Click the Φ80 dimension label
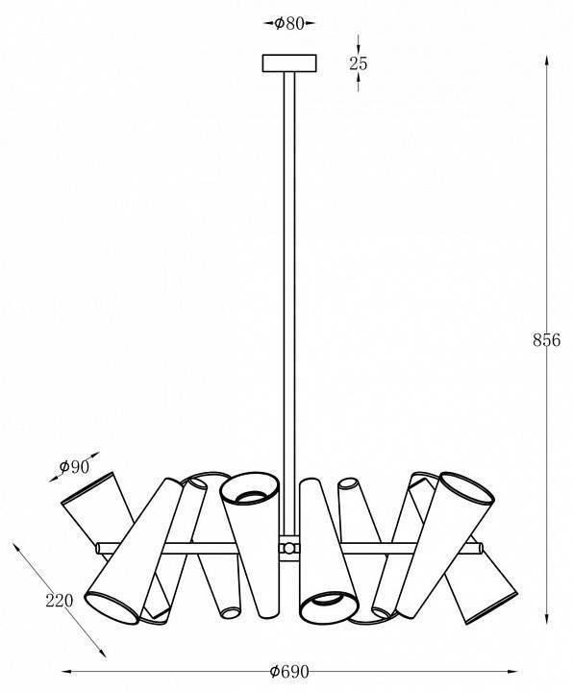[x=289, y=23]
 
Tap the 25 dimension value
[x=358, y=63]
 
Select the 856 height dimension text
[x=546, y=340]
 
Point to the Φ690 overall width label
[x=289, y=672]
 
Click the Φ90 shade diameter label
[x=74, y=466]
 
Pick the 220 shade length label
[x=60, y=600]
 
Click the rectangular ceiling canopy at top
[x=289, y=63]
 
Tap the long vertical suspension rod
[x=289, y=305]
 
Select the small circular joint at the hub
[x=288, y=549]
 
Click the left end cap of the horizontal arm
[x=98, y=548]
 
